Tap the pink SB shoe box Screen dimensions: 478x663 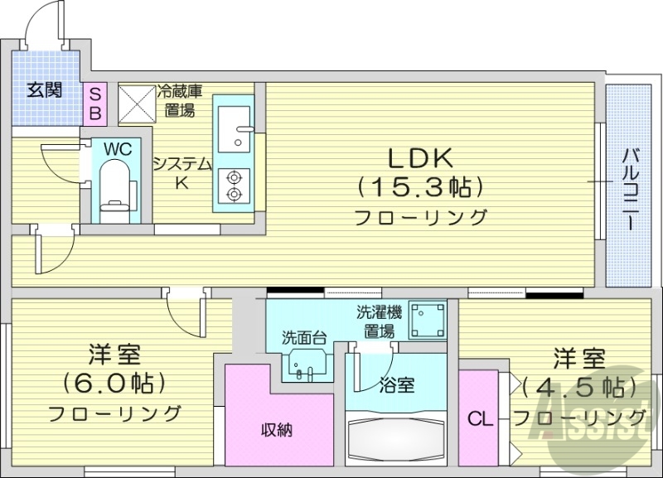(94, 103)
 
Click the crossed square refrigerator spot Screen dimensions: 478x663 (136, 102)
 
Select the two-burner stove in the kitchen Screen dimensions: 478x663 (234, 186)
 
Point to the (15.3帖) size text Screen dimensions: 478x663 (419, 187)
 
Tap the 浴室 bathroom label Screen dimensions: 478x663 (397, 384)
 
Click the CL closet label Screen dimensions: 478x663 (480, 419)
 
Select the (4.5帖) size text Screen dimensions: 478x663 (579, 386)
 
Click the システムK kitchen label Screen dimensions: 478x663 (181, 171)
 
